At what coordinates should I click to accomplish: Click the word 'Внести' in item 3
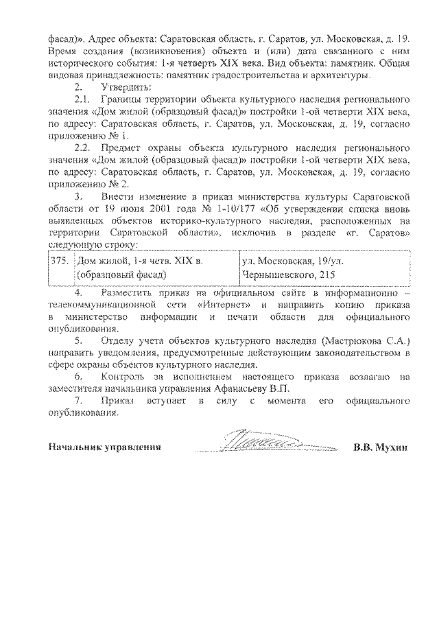(117, 198)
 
